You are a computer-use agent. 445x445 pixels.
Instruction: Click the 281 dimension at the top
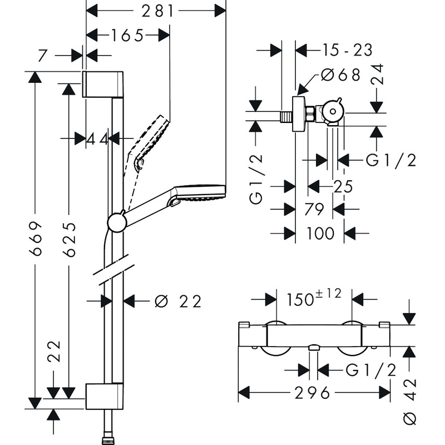(x=156, y=10)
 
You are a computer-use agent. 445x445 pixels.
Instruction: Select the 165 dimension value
(x=127, y=35)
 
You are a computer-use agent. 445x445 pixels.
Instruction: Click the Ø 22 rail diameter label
(x=177, y=301)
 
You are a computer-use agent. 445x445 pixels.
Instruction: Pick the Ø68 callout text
(x=341, y=75)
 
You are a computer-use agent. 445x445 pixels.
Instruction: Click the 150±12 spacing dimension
(x=314, y=299)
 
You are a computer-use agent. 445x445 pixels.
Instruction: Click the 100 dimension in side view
(x=320, y=234)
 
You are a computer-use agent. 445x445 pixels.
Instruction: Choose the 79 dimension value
(x=314, y=210)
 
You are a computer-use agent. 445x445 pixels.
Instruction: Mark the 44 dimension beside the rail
(x=97, y=139)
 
